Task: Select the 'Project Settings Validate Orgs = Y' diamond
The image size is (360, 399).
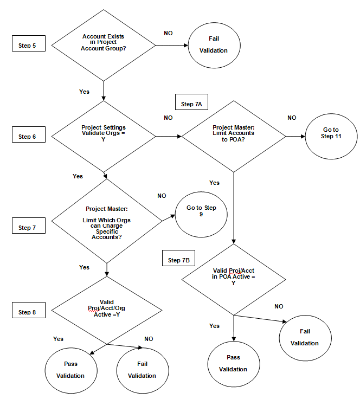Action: coord(103,136)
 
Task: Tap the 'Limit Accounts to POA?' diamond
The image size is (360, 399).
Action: coord(234,135)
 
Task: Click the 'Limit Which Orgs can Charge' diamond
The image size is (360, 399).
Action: coord(106,221)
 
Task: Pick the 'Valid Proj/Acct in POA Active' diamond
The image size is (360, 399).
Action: coord(233,279)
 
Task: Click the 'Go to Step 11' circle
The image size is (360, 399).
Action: coord(331,133)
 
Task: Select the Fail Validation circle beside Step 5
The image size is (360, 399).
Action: coord(214,44)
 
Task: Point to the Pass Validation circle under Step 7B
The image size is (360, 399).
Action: coord(233,363)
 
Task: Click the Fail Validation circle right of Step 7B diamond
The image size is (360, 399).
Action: coord(304,337)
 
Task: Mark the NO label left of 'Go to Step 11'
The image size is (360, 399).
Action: coord(292,118)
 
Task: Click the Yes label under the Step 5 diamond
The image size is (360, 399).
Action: coord(84,92)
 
